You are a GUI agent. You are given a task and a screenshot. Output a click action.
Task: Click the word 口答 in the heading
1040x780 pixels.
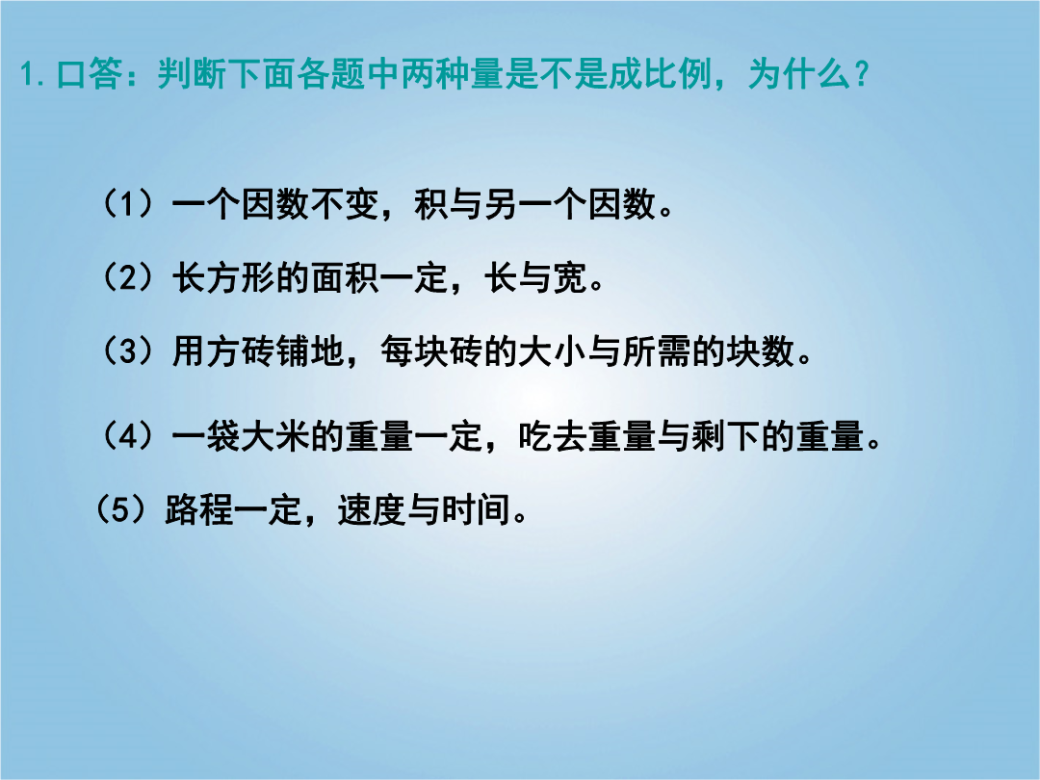click(x=89, y=73)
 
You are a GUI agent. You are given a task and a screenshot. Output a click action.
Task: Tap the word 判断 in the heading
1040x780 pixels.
click(x=192, y=73)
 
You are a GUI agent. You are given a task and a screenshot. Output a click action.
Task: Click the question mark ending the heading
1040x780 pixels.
click(x=862, y=73)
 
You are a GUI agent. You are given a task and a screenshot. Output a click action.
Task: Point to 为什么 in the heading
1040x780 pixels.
click(x=799, y=73)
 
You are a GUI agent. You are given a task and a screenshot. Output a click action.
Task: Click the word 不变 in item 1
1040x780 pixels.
click(x=344, y=203)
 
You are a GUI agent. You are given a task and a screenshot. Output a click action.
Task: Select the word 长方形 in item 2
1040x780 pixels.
click(x=223, y=276)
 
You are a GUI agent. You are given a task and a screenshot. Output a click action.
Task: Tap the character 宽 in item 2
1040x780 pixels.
click(x=570, y=276)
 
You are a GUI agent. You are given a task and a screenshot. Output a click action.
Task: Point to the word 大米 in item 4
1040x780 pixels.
click(x=275, y=436)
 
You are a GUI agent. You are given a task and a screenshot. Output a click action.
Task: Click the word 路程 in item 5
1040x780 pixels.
click(x=199, y=510)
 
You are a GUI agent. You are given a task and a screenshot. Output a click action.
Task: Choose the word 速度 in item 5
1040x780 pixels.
click(x=372, y=510)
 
